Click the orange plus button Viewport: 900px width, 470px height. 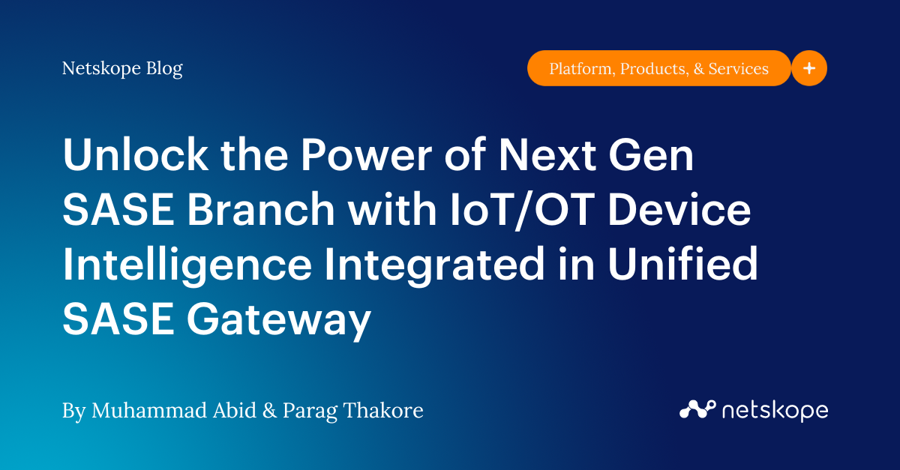click(x=809, y=68)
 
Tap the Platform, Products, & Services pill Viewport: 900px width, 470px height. click(x=658, y=69)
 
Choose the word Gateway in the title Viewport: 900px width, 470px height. click(x=278, y=321)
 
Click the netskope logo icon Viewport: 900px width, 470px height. click(x=697, y=409)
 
